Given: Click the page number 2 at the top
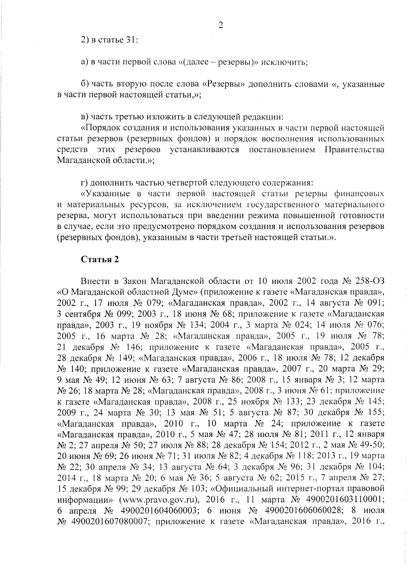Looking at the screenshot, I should pos(220,26).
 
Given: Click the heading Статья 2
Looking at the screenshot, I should pos(100,260).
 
